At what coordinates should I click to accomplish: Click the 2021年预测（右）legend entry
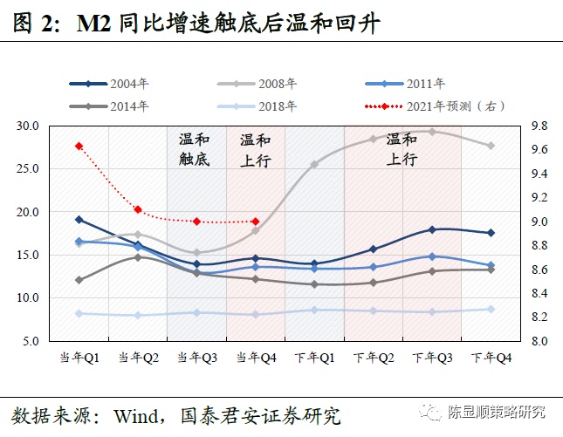[x=436, y=106]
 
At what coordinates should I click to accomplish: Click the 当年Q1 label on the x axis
[x=79, y=357]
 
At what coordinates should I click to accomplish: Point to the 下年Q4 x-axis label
[x=491, y=357]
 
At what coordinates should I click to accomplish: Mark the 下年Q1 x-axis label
[x=314, y=357]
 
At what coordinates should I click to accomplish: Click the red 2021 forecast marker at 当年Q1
[x=79, y=146]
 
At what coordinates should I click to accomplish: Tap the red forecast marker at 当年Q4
[x=255, y=222]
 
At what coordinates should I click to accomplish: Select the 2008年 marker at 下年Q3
[x=432, y=132]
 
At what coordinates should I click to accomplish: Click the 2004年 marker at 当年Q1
[x=79, y=220]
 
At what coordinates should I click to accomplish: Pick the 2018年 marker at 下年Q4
[x=491, y=309]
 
